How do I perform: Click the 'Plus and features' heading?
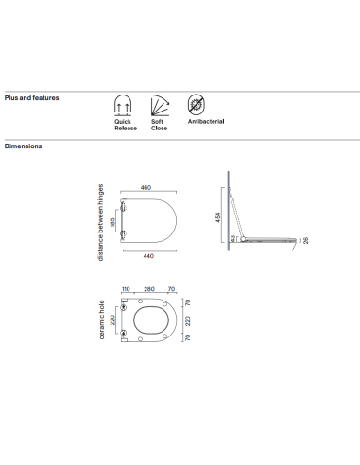click(31, 98)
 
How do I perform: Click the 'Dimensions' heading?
click(23, 146)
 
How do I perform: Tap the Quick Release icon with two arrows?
click(123, 105)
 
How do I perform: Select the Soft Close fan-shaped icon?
click(160, 105)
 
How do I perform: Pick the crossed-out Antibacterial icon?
click(197, 105)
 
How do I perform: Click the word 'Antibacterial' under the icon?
click(206, 121)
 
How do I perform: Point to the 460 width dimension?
click(146, 187)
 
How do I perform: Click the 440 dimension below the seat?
click(148, 256)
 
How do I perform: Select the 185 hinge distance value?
click(112, 220)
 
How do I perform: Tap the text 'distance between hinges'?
click(100, 222)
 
